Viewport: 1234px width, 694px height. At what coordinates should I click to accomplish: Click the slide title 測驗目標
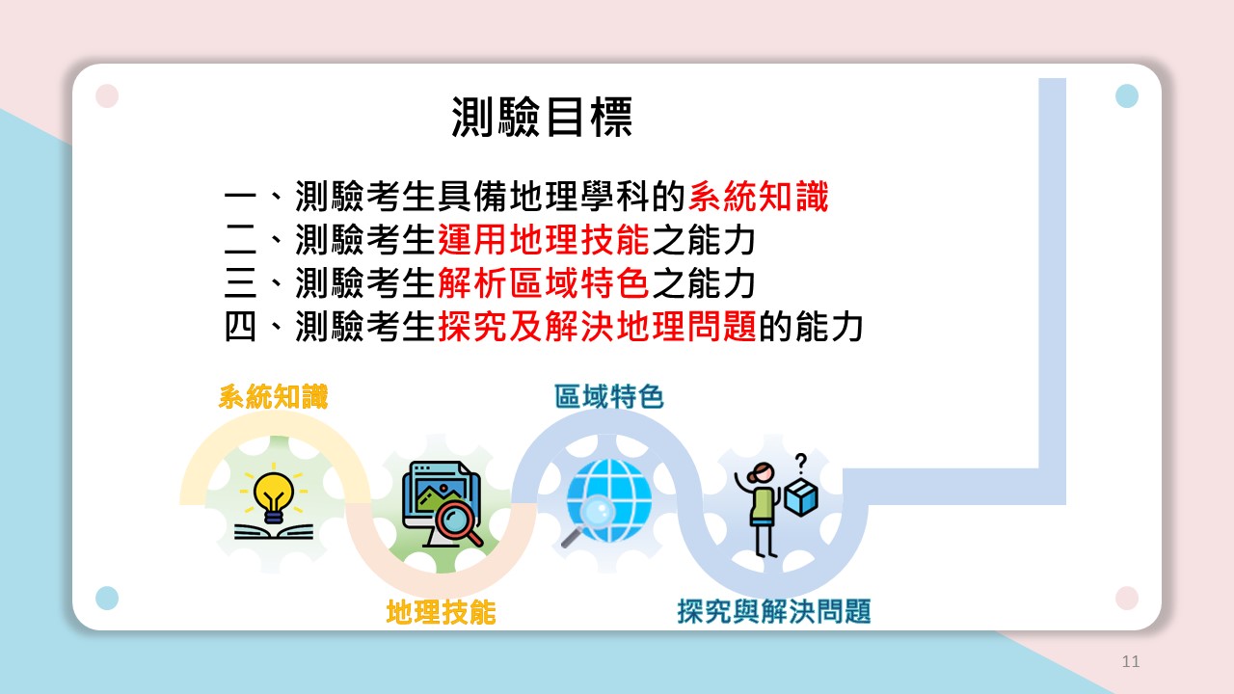[x=542, y=117]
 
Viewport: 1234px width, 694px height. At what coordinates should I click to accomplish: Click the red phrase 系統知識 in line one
[x=758, y=197]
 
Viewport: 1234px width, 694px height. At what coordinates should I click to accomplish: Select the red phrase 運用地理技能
[x=544, y=240]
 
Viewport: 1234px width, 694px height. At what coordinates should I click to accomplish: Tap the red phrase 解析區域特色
[x=544, y=283]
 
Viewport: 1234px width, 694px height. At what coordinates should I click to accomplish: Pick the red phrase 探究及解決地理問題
[x=597, y=327]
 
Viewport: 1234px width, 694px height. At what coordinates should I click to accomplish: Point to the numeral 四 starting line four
[x=240, y=327]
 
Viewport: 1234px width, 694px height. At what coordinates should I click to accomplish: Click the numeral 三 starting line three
[x=240, y=283]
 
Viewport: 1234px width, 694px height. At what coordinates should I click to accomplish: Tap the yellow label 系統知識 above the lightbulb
[x=273, y=396]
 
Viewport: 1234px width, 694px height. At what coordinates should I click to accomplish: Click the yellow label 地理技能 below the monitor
[x=441, y=612]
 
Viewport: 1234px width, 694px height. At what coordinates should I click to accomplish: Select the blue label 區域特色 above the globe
[x=608, y=396]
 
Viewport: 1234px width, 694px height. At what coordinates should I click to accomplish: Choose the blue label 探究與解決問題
[x=774, y=611]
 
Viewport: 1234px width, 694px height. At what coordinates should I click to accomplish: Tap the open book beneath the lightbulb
[x=274, y=532]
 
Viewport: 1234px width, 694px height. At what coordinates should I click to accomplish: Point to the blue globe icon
[x=609, y=500]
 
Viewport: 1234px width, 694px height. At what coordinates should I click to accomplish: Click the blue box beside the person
[x=800, y=496]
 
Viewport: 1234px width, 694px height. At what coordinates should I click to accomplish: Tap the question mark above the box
[x=801, y=464]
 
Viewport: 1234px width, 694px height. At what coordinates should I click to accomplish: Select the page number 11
[x=1131, y=661]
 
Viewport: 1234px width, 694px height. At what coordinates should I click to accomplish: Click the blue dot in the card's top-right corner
[x=1127, y=95]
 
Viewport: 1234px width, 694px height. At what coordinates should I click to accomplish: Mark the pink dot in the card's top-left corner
[x=107, y=95]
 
